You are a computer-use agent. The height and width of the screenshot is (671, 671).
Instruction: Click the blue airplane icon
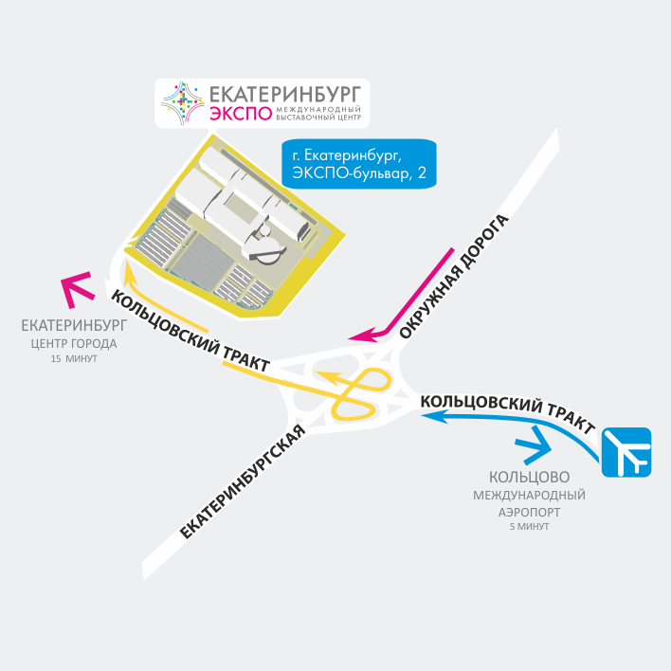click(x=626, y=452)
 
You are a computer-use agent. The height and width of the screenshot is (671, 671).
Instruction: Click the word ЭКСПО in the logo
click(x=233, y=117)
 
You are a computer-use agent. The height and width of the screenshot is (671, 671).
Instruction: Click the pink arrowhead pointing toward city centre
click(x=75, y=288)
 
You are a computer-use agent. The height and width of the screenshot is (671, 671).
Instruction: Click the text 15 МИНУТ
click(x=74, y=360)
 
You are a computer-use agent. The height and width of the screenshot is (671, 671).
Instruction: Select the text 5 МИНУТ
click(x=529, y=526)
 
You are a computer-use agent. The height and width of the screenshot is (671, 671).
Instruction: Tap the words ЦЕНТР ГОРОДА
click(x=74, y=343)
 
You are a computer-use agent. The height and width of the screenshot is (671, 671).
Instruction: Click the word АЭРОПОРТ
click(x=529, y=511)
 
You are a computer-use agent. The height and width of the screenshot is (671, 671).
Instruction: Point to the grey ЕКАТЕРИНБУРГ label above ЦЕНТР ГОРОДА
click(x=74, y=326)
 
